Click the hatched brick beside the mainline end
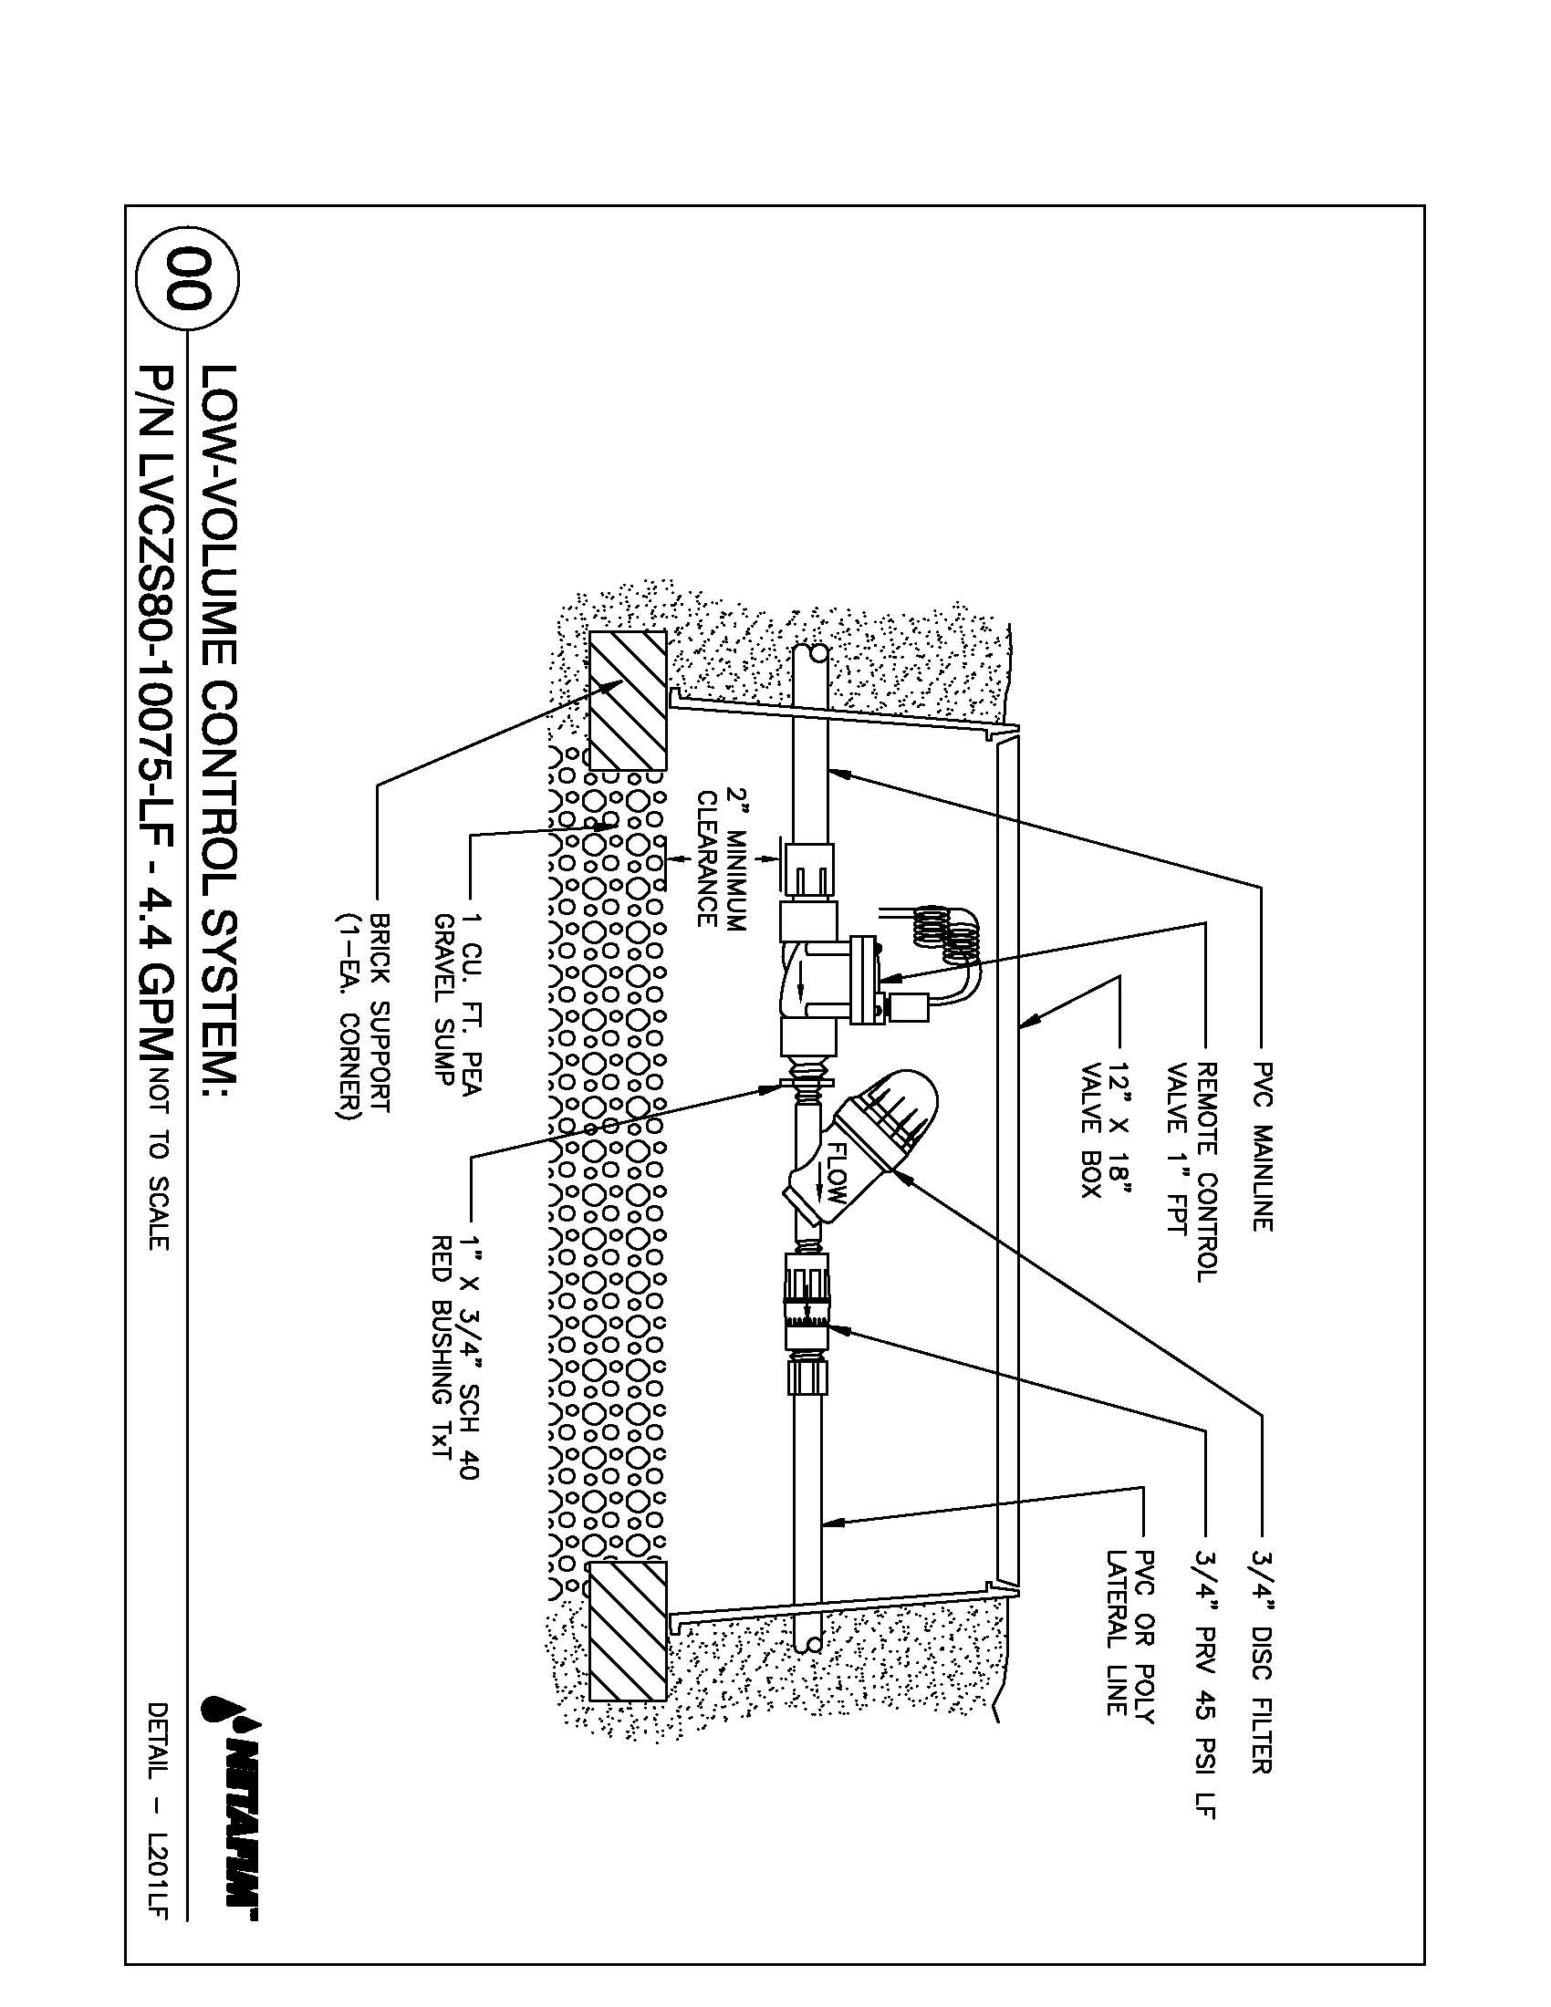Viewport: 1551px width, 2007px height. (x=628, y=700)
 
